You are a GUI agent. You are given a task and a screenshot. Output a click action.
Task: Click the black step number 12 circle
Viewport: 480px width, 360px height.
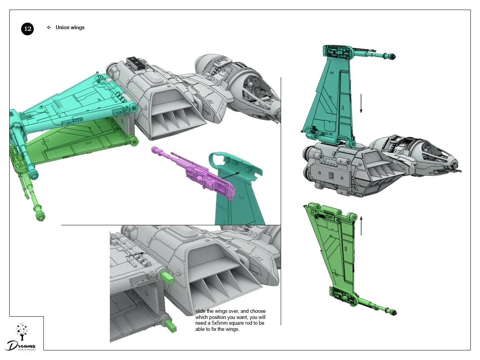pyautogui.click(x=27, y=29)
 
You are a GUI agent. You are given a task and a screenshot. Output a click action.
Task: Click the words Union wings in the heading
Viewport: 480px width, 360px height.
pyautogui.click(x=70, y=28)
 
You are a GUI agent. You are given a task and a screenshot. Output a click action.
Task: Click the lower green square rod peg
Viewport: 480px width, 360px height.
pyautogui.click(x=171, y=326)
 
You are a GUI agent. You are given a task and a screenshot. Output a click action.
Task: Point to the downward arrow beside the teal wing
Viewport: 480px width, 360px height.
pyautogui.click(x=361, y=104)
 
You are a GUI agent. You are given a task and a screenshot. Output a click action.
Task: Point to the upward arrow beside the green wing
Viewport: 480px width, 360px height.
pyautogui.click(x=361, y=225)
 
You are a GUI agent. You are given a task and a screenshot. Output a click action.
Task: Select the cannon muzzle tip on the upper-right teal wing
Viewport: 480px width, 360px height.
pyautogui.click(x=392, y=56)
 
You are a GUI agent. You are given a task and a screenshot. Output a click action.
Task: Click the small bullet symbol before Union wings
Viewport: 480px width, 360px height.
pyautogui.click(x=49, y=28)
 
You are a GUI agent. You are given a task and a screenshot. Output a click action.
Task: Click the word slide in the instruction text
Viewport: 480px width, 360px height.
pyautogui.click(x=200, y=311)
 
